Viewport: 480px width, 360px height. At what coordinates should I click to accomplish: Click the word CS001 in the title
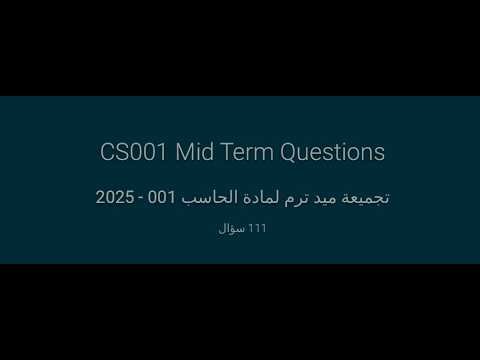(134, 153)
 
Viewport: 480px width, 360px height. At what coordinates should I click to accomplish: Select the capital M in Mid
(183, 153)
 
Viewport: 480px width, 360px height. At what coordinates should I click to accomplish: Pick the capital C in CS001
(107, 153)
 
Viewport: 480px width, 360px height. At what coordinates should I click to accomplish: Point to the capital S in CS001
(121, 153)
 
